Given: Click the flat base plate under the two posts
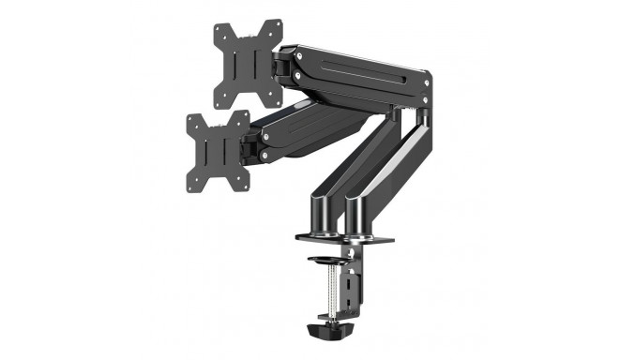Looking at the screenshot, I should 344,237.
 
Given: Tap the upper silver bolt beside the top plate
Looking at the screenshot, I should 296,54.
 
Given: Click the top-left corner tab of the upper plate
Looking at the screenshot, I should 219,26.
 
